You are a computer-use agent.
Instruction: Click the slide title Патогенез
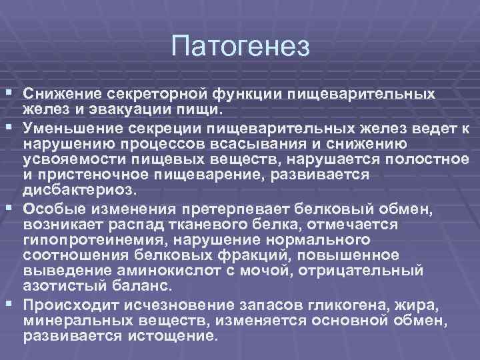click(240, 46)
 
